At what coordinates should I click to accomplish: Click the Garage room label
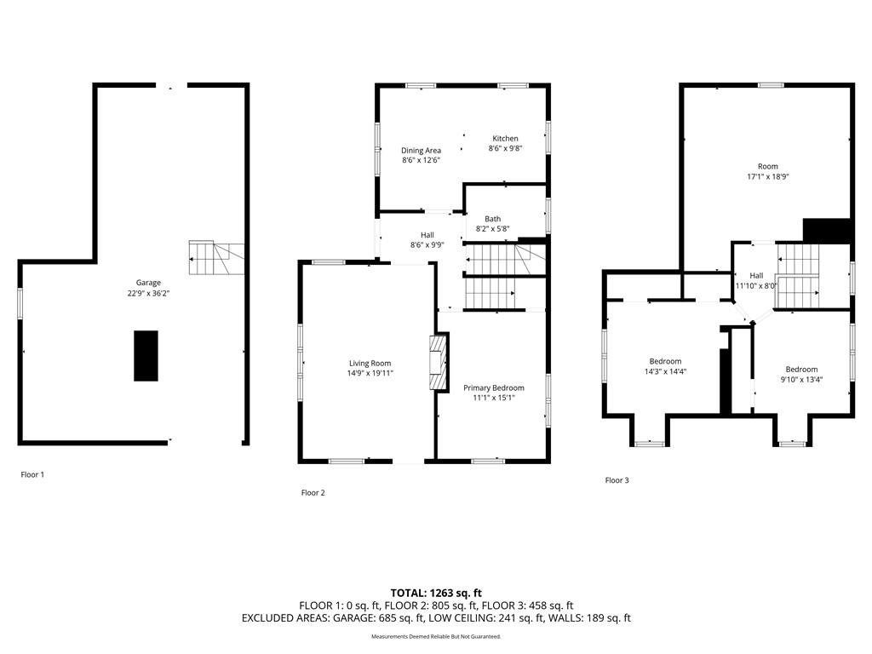148,283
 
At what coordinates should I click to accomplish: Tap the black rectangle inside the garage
146,356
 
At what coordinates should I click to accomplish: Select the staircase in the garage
216,258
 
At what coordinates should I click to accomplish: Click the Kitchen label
505,139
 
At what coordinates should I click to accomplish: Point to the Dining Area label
421,150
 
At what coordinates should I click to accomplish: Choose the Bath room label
492,219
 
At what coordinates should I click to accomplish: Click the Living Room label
370,364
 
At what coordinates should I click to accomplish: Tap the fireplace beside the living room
439,362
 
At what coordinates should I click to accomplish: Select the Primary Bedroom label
494,388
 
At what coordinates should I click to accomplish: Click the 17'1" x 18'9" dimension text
768,177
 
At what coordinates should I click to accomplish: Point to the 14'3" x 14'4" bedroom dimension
665,371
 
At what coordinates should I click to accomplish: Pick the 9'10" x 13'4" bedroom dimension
801,380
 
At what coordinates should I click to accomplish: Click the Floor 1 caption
32,474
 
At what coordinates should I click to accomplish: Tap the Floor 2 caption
313,493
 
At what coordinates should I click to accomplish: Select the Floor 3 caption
617,480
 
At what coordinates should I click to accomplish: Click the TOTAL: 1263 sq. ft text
436,593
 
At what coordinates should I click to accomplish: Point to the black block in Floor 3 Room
827,231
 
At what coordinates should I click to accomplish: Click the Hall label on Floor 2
427,235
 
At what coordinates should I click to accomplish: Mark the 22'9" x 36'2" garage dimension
148,293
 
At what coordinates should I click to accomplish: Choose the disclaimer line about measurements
436,636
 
